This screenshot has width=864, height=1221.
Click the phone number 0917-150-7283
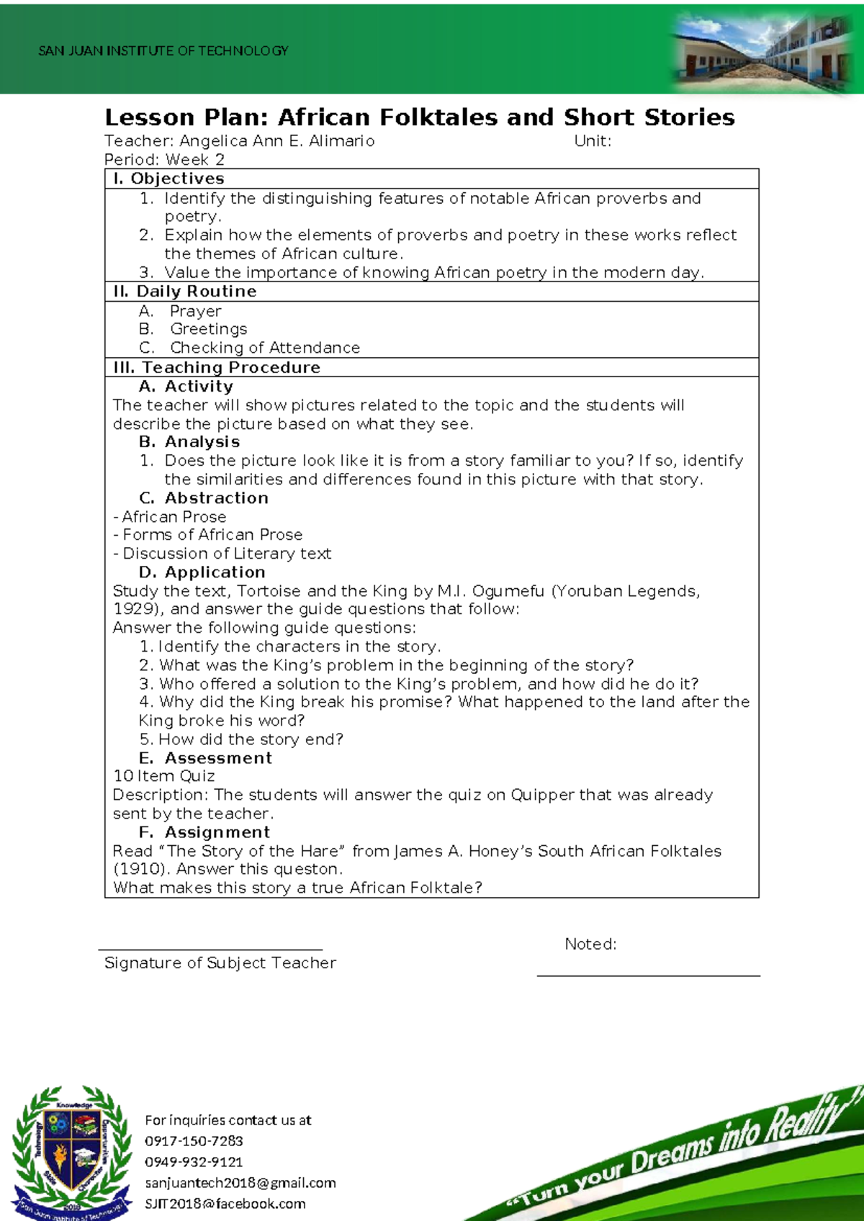[x=194, y=1141]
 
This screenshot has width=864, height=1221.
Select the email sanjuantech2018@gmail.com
[x=240, y=1183]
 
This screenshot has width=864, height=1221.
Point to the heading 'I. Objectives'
[x=169, y=179]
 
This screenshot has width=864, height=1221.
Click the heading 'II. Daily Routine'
[x=185, y=292]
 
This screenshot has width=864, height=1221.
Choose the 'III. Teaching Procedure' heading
[x=217, y=367]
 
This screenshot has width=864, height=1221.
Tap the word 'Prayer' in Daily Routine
[x=195, y=311]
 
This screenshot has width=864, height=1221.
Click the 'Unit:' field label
[x=592, y=141]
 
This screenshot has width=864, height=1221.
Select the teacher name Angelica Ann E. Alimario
[x=276, y=141]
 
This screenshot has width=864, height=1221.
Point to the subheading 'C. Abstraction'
[x=204, y=498]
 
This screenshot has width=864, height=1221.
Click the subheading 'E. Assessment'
[x=205, y=758]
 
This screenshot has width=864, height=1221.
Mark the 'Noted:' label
[x=590, y=944]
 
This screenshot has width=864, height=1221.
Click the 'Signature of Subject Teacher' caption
[x=220, y=963]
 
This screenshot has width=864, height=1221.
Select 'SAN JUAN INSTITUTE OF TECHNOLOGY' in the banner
[x=163, y=51]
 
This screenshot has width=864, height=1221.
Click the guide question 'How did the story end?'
[x=250, y=739]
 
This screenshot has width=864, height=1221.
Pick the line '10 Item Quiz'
[x=164, y=776]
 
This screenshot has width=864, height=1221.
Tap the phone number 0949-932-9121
[x=194, y=1162]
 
